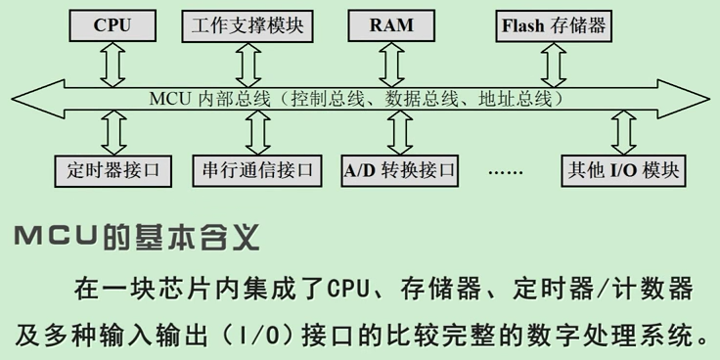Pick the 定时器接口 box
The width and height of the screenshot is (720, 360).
point(113,170)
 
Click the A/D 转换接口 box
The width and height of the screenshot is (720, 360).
point(400,170)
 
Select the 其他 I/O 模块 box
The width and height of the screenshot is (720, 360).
point(621,170)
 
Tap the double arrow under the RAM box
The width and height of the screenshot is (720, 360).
point(393,65)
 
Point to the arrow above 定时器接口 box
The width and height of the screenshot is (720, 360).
point(113,130)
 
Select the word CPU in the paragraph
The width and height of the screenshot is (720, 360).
point(347,290)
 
